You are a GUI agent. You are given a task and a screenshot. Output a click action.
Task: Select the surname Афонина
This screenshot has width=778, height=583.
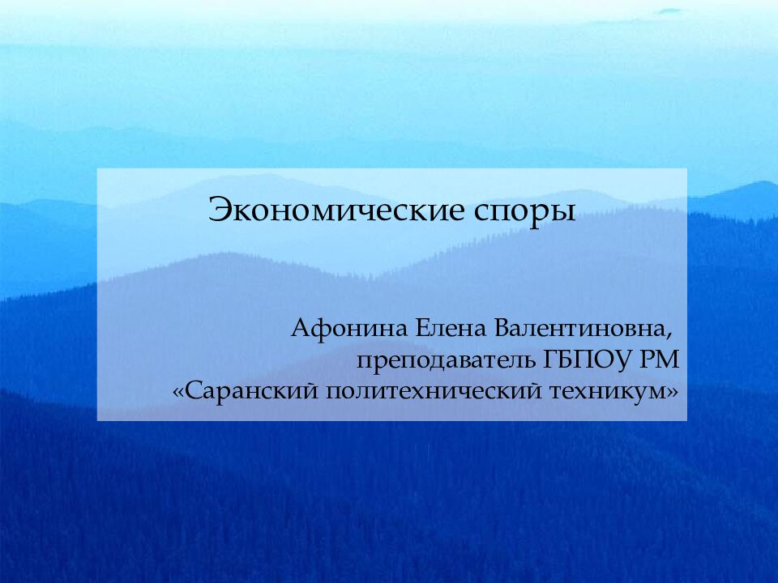[350, 330]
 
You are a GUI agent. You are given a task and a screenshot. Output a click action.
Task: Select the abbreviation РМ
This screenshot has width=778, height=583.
[659, 359]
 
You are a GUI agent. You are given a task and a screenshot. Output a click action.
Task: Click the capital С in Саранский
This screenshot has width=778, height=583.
[193, 392]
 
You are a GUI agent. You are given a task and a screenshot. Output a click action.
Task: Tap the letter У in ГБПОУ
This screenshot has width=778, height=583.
[622, 359]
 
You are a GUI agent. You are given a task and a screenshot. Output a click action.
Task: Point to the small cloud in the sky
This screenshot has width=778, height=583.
[669, 11]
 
